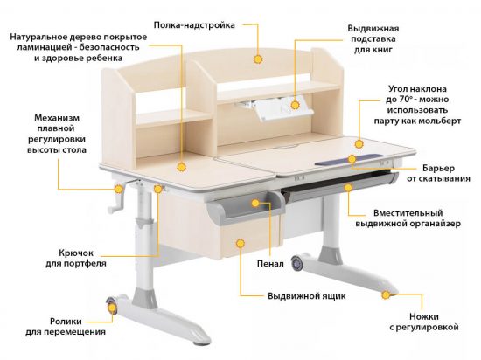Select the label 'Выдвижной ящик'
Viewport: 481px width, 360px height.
pos(306,296)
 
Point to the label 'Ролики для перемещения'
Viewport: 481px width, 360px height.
pos(66,325)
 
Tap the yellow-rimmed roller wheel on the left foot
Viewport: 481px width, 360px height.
pos(113,307)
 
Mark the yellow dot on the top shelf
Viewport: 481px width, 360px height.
pos(258,59)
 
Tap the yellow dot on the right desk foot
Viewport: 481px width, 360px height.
pos(384,296)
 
